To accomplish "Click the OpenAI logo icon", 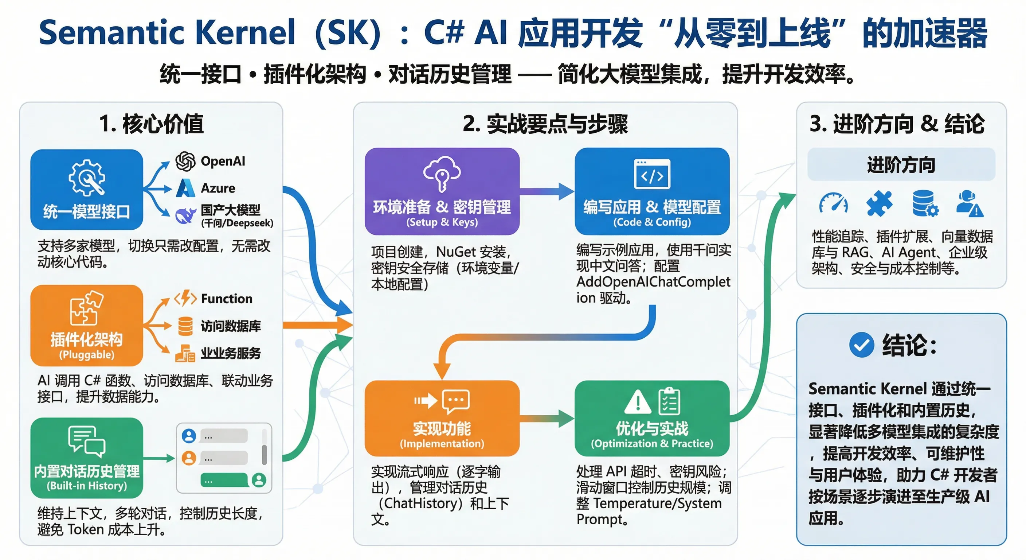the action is pos(185,161).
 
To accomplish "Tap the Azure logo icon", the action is pos(185,188).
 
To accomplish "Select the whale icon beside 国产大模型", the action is pos(185,215).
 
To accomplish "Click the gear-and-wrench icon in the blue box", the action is pos(87,178).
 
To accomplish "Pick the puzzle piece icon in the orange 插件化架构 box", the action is pos(87,308).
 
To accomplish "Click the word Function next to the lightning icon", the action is pos(227,299).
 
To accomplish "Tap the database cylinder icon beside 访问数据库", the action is pos(185,326).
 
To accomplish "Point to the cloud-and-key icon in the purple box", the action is pos(442,174).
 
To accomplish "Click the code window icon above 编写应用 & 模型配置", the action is pos(652,174).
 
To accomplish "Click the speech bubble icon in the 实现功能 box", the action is pos(456,401).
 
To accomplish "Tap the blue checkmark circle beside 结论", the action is pos(862,345).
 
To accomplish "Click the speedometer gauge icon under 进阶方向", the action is pos(834,204).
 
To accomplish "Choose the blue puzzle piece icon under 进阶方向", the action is pos(879,203).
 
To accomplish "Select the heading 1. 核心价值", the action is pos(151,124).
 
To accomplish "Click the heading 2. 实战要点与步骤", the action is pos(545,124).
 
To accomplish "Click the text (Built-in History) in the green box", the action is pos(87,486).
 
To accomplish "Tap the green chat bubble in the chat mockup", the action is pos(225,480).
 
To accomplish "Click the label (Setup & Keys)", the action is pos(442,222).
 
